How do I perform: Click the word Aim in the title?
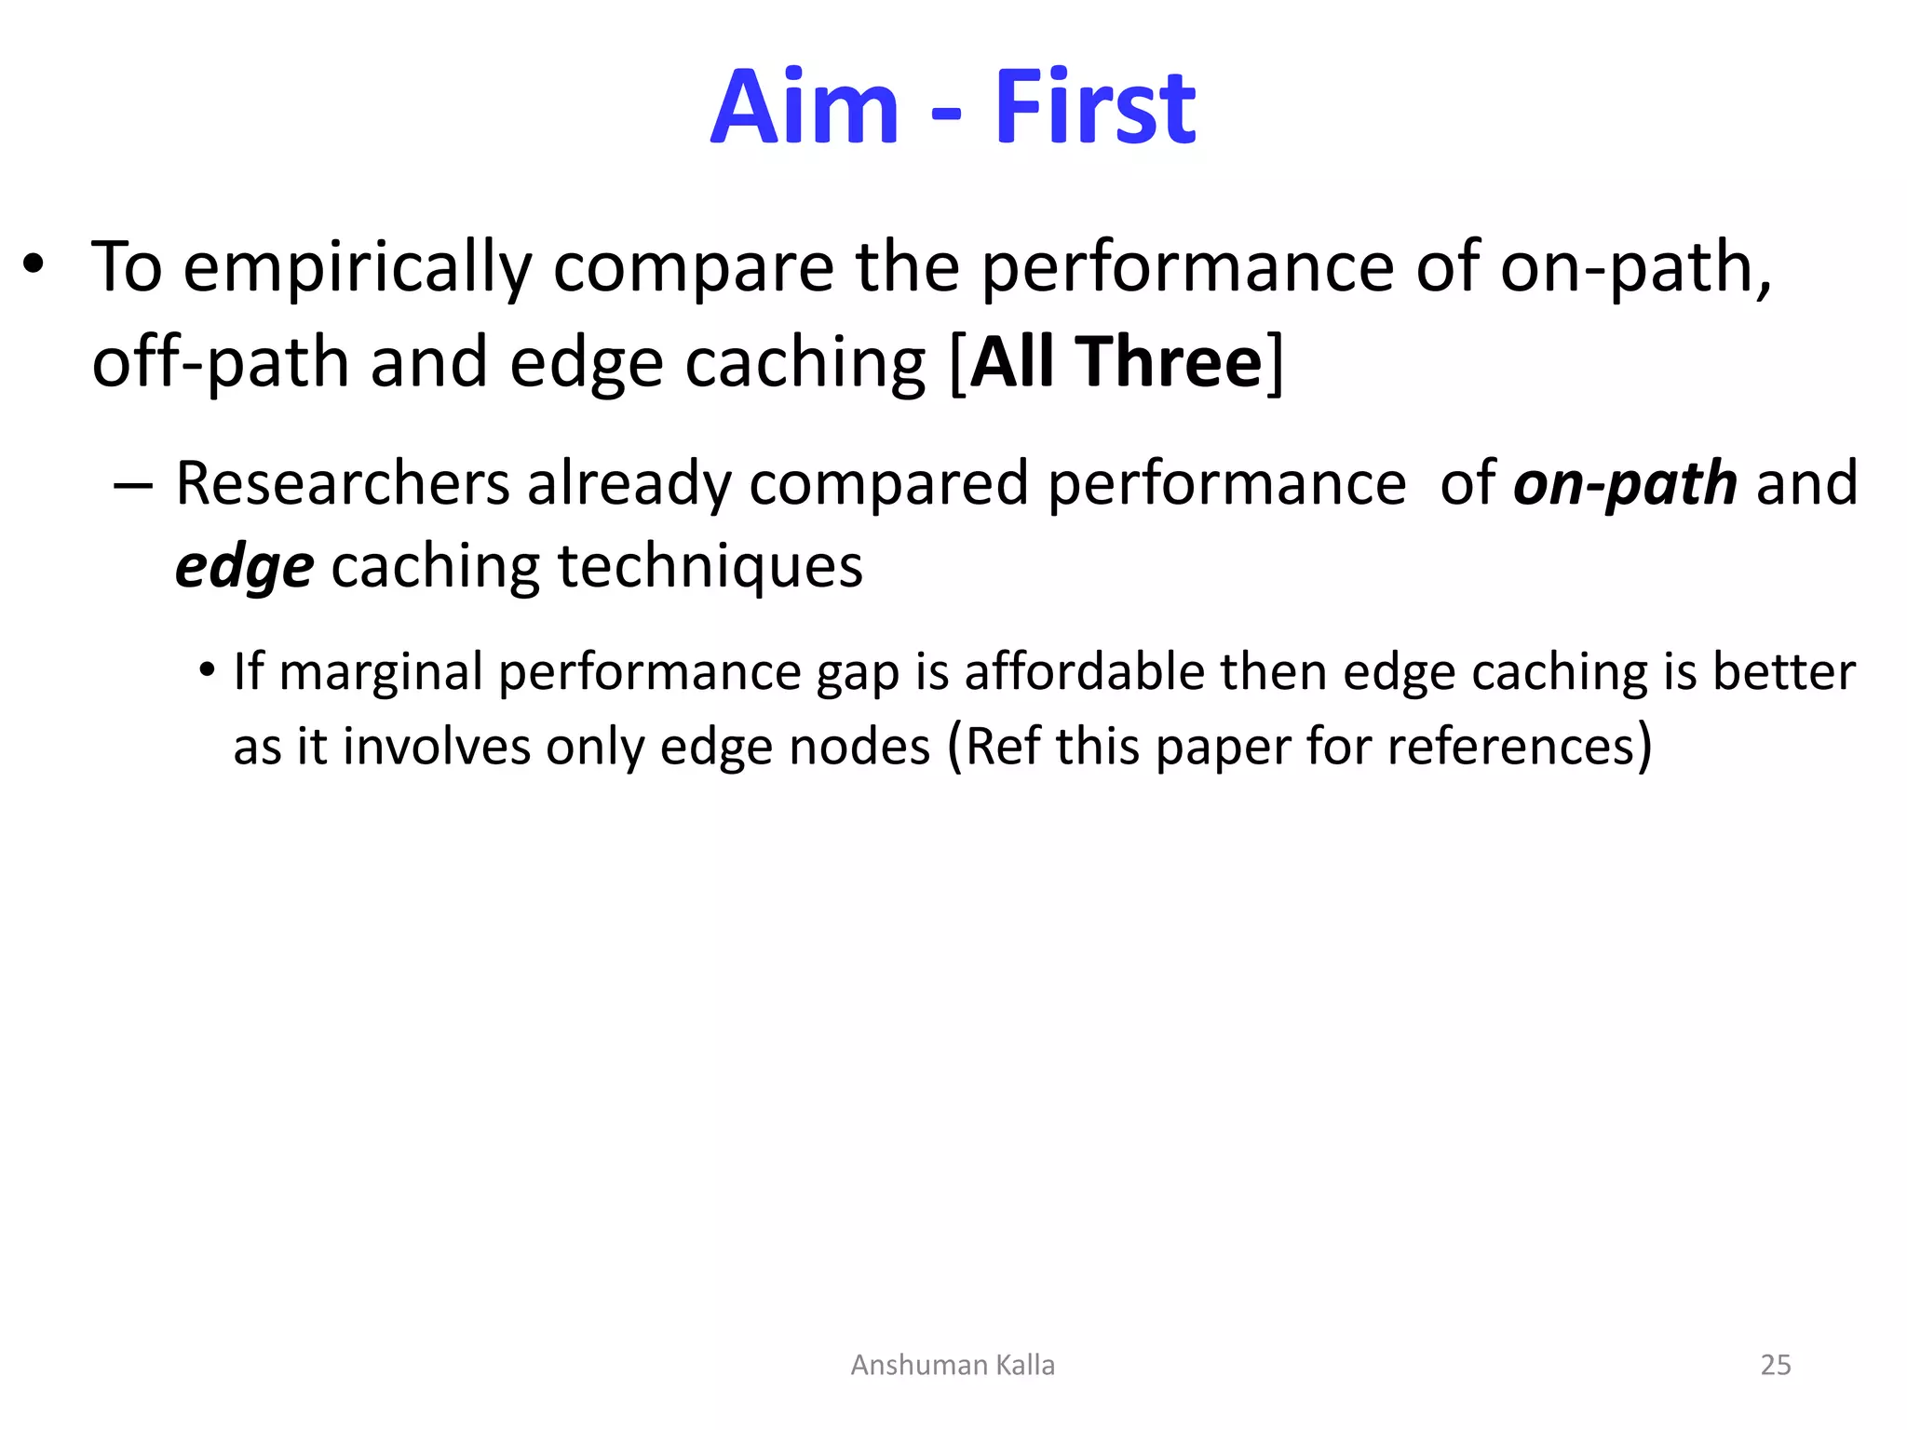pos(805,108)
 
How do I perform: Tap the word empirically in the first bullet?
pos(357,269)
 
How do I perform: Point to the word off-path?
pos(220,363)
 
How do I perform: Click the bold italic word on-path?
pos(1625,484)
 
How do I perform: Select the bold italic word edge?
pos(244,568)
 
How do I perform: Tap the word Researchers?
pos(343,484)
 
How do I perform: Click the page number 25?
pos(1775,1365)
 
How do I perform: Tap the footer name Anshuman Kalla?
pos(953,1365)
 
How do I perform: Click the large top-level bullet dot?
pos(34,265)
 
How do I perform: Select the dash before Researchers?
pos(132,485)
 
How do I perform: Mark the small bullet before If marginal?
pos(207,670)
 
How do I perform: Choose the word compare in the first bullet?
pos(693,269)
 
